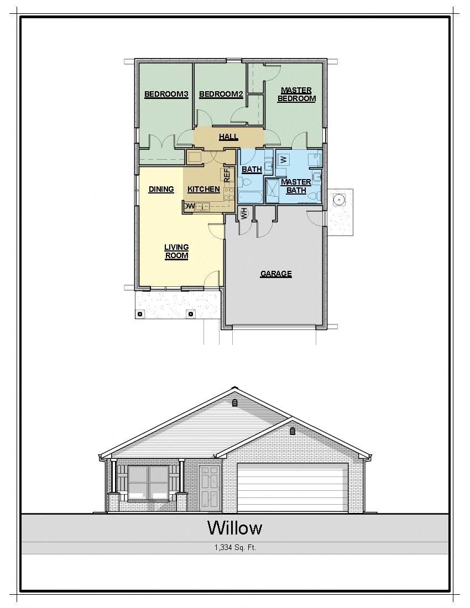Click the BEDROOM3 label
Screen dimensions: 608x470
click(x=166, y=95)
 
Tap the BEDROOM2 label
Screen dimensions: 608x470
click(x=221, y=95)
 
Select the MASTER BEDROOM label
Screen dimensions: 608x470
click(x=296, y=95)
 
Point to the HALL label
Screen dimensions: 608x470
click(x=228, y=137)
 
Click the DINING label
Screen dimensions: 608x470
click(x=161, y=189)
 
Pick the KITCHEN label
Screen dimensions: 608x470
click(x=203, y=189)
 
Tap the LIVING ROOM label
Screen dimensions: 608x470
click(x=176, y=251)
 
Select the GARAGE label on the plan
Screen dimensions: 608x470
click(x=276, y=274)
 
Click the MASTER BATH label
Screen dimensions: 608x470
click(x=296, y=186)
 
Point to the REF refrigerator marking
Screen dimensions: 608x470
click(x=226, y=175)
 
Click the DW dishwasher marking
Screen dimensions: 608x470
click(x=189, y=206)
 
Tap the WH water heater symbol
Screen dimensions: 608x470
click(x=244, y=212)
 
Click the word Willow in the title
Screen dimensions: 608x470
click(x=234, y=528)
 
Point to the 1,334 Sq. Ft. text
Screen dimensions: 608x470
click(x=235, y=548)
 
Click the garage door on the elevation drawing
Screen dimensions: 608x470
click(x=293, y=488)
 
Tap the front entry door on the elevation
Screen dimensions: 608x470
click(x=210, y=488)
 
